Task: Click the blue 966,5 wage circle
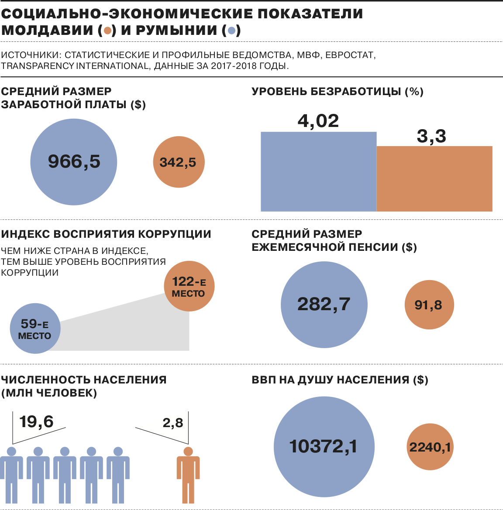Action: [x=73, y=162]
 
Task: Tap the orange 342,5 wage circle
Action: [x=179, y=162]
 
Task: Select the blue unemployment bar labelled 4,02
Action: [x=318, y=171]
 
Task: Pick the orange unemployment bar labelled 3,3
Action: [x=434, y=178]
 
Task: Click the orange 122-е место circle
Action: [x=189, y=286]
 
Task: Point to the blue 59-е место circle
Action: [x=34, y=329]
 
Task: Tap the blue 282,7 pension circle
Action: [x=324, y=305]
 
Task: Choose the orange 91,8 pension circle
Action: [x=429, y=305]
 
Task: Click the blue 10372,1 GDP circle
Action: [x=324, y=447]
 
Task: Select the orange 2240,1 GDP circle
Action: [x=430, y=447]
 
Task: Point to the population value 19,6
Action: [x=36, y=422]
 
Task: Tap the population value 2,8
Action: [x=173, y=423]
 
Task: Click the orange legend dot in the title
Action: [x=107, y=31]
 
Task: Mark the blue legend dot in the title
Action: [x=232, y=31]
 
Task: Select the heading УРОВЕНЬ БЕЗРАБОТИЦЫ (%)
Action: [x=338, y=92]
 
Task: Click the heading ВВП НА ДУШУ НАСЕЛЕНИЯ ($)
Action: [x=340, y=380]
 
